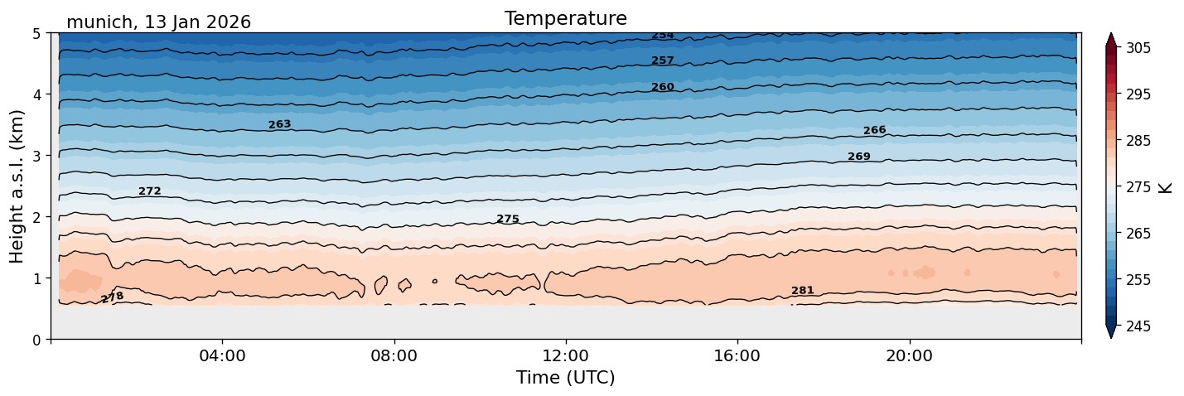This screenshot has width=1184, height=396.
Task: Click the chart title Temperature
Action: pos(565,18)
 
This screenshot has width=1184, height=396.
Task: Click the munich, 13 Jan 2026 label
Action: pos(158,22)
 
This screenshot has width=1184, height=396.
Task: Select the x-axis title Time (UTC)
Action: pos(565,378)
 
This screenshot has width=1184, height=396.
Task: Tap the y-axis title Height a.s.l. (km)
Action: pos(17,186)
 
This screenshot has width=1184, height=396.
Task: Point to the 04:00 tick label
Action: pos(222,356)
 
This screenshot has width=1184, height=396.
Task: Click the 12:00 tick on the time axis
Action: pos(565,356)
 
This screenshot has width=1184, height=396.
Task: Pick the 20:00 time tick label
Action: pos(909,356)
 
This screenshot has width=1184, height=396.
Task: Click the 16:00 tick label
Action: pos(737,356)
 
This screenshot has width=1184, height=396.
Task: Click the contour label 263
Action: pos(279,125)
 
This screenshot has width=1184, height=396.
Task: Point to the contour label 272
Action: pos(150,191)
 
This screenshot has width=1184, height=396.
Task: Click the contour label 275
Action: pos(508,220)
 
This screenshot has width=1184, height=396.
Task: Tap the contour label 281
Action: pos(802,291)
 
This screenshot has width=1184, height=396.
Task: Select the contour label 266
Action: pos(874,131)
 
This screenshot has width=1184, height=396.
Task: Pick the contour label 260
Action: pos(662,87)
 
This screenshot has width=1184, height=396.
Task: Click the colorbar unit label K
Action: pos(1166,187)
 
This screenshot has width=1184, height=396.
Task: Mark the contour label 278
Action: pos(112,297)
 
